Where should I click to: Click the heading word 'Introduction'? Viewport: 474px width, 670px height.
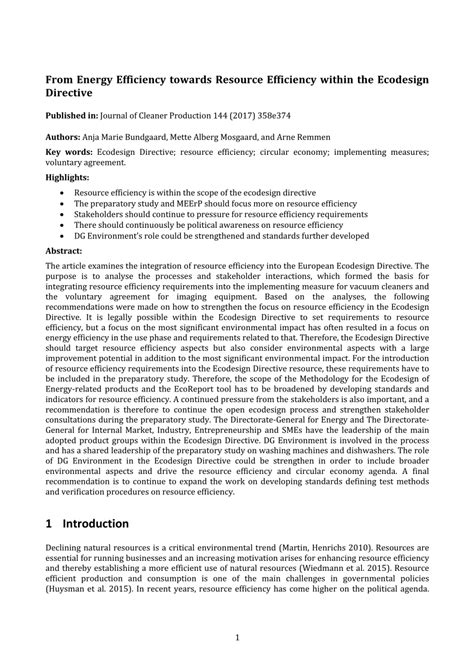(95, 523)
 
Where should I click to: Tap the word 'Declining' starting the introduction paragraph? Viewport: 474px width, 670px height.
(66, 549)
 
